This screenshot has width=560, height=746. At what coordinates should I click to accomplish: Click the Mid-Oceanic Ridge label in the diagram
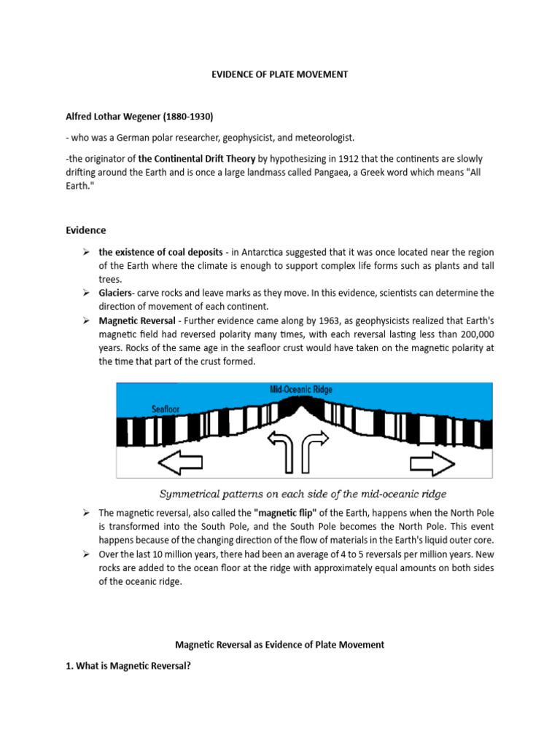click(x=300, y=390)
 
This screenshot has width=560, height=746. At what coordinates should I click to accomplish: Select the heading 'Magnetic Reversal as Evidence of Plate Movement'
click(x=280, y=645)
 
